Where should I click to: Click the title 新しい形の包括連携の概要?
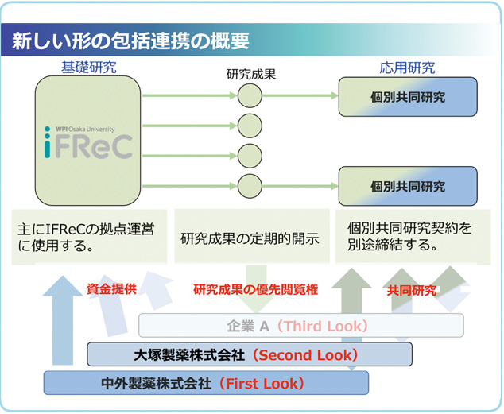click(126, 39)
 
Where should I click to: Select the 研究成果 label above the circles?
click(250, 76)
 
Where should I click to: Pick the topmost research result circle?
click(250, 96)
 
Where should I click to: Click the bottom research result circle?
click(250, 186)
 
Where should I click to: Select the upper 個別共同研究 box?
click(408, 98)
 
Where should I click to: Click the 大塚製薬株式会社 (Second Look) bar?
click(249, 354)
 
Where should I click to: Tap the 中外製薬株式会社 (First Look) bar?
click(206, 383)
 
